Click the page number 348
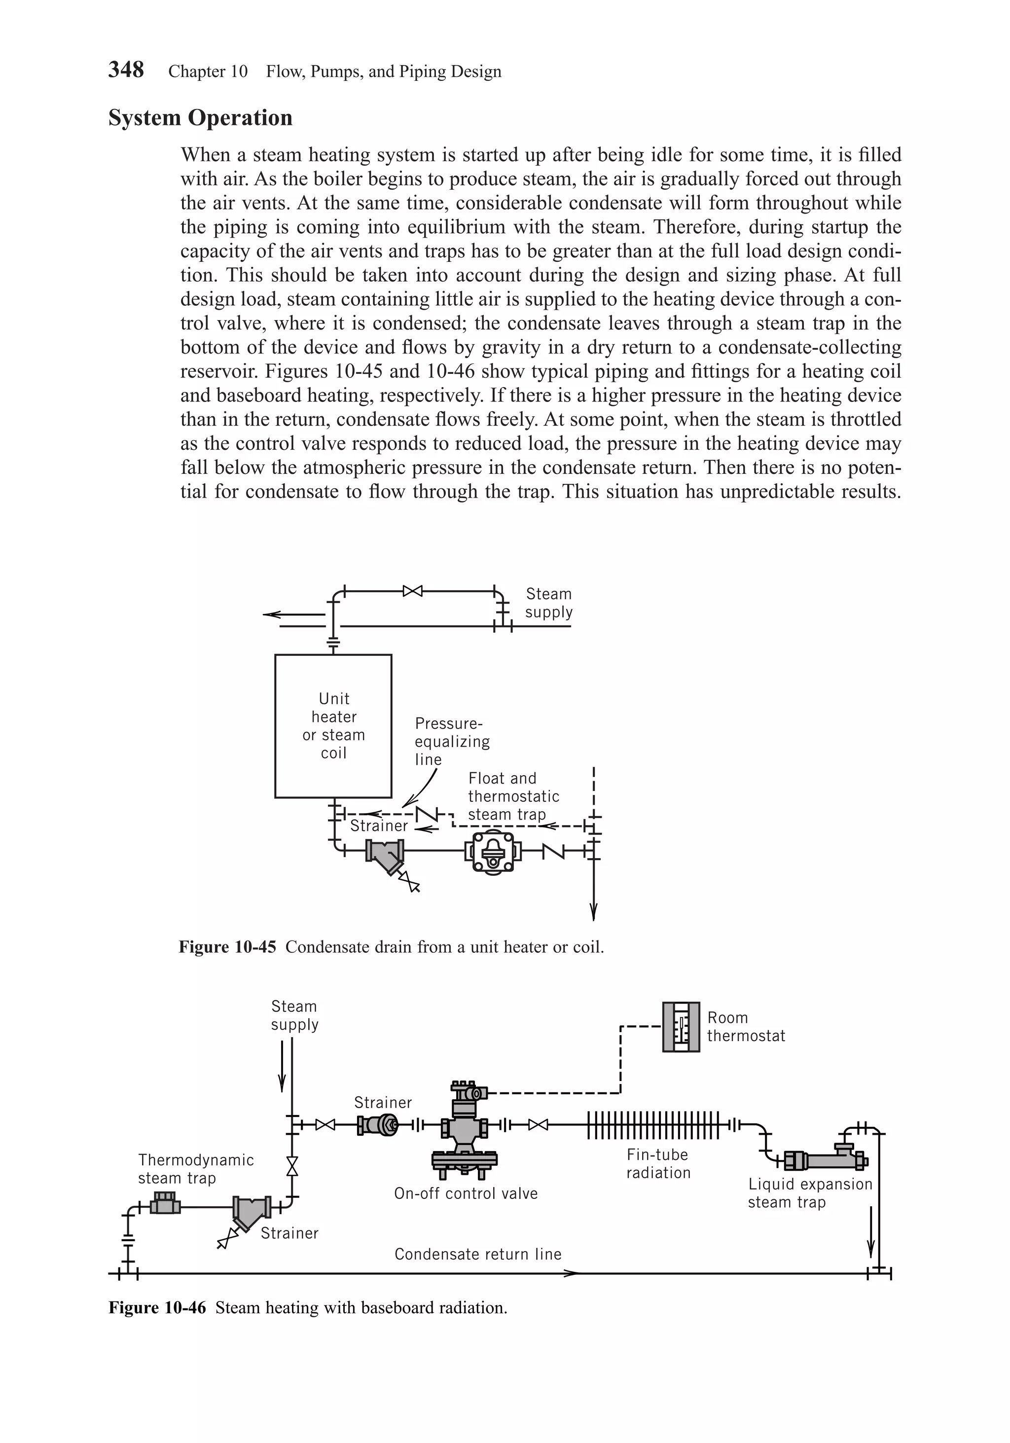[x=126, y=70]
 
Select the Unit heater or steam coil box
[x=333, y=725]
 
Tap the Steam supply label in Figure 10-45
[x=548, y=603]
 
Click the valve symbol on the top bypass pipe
[x=412, y=591]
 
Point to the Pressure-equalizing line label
[x=451, y=741]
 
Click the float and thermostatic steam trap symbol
[x=493, y=852]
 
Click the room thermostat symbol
[x=681, y=1027]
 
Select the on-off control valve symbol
[x=465, y=1130]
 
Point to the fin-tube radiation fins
[x=653, y=1125]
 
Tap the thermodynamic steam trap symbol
[x=165, y=1206]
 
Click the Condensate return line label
[x=478, y=1254]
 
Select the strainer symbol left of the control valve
[x=378, y=1125]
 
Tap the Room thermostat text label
[x=745, y=1026]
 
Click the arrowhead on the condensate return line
[x=570, y=1274]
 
